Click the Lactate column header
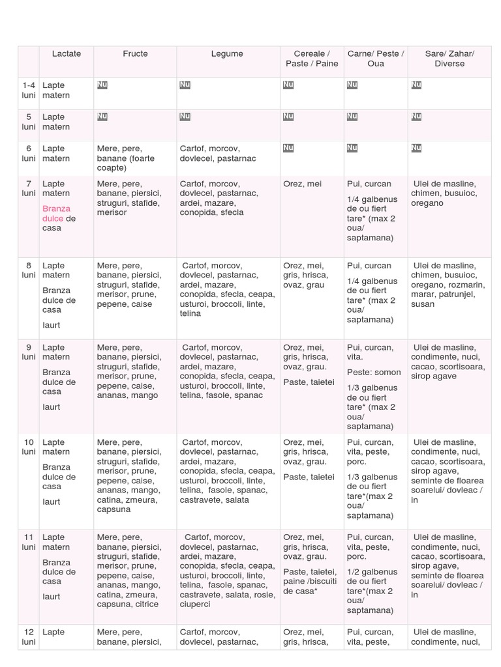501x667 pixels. (67, 54)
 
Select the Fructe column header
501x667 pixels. (135, 54)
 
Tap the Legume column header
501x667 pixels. (227, 54)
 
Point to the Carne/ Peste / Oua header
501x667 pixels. (376, 59)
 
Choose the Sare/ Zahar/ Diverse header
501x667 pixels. (449, 59)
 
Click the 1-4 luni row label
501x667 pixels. (29, 91)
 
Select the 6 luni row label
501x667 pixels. (29, 154)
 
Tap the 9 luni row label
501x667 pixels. (29, 352)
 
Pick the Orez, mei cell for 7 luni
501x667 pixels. (303, 184)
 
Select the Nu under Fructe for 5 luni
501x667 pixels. (102, 117)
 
